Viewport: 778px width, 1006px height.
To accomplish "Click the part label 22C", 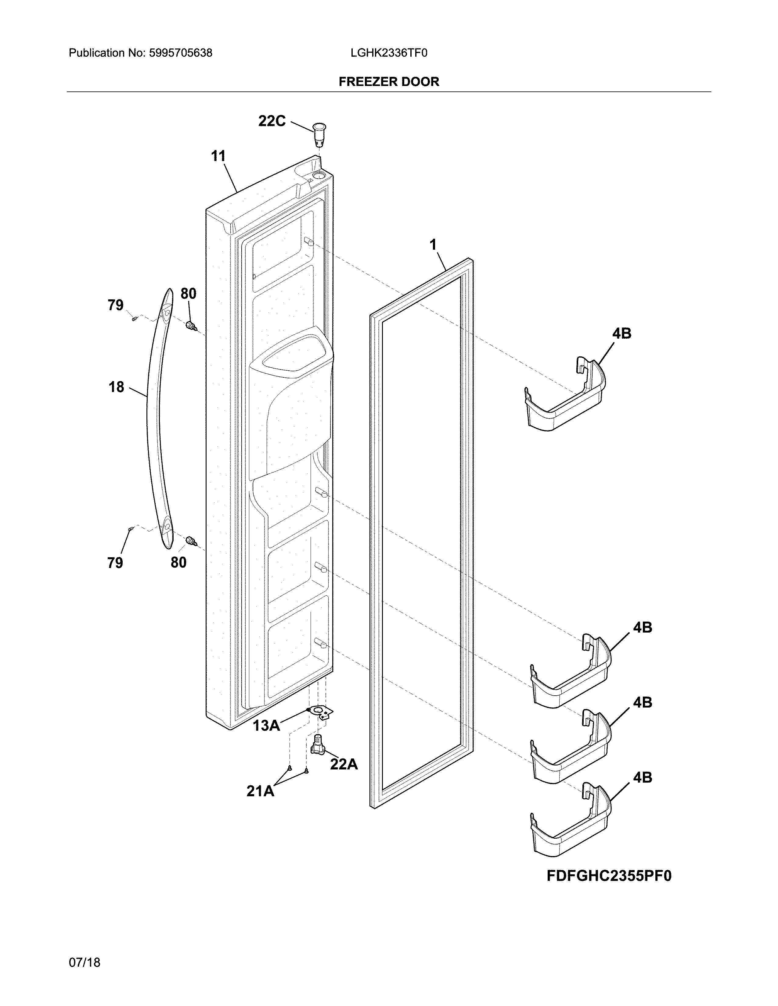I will coord(272,121).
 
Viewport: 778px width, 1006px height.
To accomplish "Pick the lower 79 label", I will coord(115,562).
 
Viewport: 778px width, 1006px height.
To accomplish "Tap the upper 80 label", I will coord(188,293).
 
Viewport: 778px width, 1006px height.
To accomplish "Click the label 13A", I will coord(266,726).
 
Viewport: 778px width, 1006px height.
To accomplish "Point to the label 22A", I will coord(344,765).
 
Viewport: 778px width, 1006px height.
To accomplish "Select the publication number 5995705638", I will coord(180,53).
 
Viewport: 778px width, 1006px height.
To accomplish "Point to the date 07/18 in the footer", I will coord(84,949).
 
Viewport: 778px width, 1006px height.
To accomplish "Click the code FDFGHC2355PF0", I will coord(609,876).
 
